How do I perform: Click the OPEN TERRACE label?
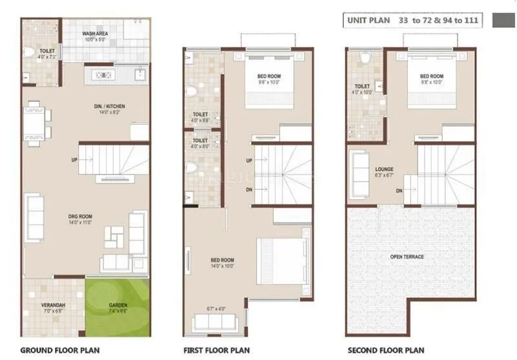407,257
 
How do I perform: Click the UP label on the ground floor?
75,160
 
